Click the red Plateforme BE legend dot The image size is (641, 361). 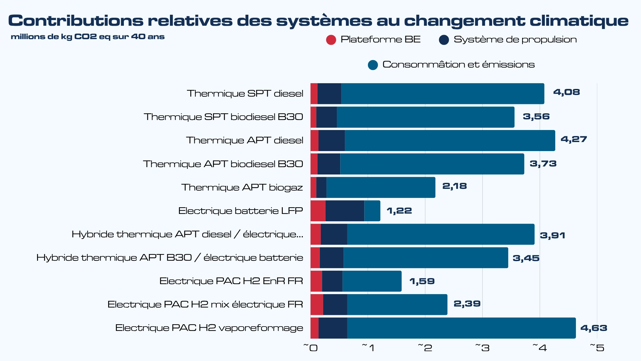pos(331,40)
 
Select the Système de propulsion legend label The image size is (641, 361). pos(515,39)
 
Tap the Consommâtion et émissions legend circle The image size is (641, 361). pos(373,65)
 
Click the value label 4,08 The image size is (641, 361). pos(566,92)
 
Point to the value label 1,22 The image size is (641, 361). pos(399,211)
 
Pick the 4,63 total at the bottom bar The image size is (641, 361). pos(594,328)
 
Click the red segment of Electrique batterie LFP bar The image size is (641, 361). pos(318,211)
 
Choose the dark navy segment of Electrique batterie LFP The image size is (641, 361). pos(345,211)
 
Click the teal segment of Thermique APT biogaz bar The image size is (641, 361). pos(381,188)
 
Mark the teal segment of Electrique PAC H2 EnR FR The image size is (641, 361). pos(372,281)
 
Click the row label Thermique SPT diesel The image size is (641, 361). pos(245,94)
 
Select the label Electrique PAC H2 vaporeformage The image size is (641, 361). pos(209,328)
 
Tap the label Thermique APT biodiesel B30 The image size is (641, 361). pos(223,164)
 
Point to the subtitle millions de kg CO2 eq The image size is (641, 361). pos(87,37)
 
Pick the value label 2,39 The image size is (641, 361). pos(467,304)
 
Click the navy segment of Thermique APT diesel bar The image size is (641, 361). pos(332,141)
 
